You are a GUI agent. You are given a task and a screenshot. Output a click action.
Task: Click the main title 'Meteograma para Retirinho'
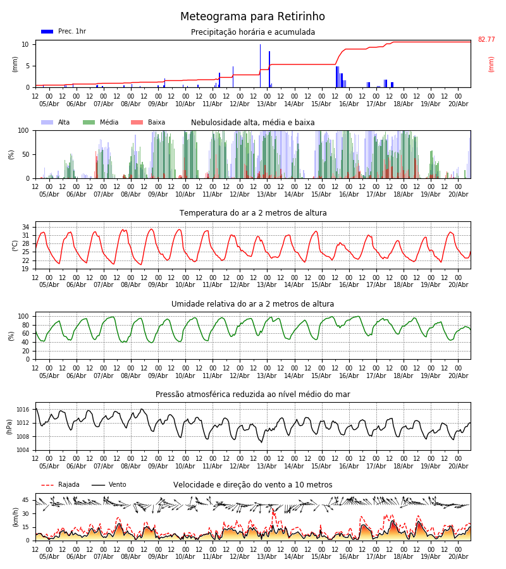point(252,16)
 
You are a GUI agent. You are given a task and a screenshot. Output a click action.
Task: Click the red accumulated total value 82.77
point(486,40)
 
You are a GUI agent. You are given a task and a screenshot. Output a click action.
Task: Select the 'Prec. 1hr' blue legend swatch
point(47,32)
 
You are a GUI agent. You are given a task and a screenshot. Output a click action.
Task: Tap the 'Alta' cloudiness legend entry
point(56,122)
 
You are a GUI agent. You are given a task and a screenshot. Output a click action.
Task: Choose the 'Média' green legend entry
point(101,122)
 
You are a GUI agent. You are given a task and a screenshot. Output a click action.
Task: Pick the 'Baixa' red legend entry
point(148,122)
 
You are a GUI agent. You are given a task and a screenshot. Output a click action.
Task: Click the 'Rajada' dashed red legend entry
point(60,485)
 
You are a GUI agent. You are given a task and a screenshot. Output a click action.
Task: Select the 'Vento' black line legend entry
point(109,485)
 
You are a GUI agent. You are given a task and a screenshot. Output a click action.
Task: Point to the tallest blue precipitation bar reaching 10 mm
point(260,66)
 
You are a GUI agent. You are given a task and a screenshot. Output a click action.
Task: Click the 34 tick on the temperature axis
point(25,227)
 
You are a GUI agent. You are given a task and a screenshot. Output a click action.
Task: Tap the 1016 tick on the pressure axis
point(23,410)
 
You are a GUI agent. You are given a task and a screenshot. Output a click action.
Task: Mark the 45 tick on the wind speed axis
point(25,500)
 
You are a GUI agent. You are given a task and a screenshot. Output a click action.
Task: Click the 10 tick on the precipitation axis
point(25,44)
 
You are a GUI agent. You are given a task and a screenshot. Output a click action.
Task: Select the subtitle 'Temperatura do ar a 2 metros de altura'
point(253,213)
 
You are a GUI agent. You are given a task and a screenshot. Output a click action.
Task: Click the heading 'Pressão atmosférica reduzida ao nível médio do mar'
point(253,394)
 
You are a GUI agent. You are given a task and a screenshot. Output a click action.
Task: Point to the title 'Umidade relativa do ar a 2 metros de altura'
point(252,303)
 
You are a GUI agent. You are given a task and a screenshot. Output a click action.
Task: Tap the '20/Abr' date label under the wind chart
point(459,556)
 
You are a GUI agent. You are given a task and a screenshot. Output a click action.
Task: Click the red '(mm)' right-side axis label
point(491,64)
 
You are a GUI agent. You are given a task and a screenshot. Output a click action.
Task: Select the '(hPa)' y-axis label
point(9,427)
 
